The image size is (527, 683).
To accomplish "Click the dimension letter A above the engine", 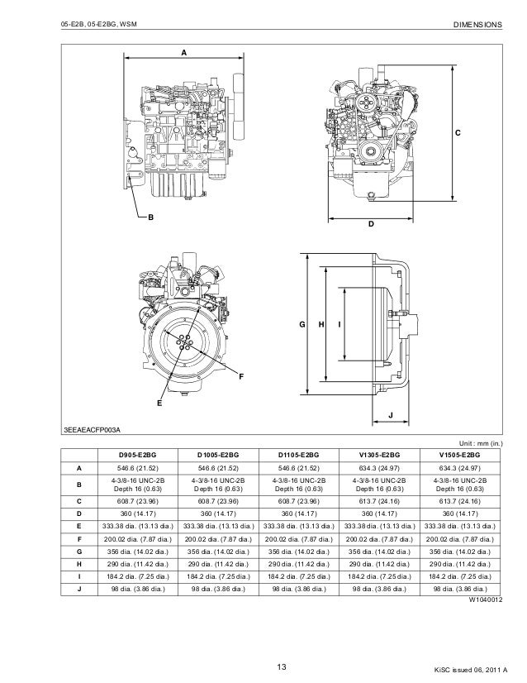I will [x=183, y=51].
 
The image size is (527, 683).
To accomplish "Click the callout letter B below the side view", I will [x=150, y=218].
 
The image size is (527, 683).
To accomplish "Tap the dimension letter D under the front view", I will [x=371, y=224].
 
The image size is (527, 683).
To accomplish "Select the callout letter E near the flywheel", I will [x=159, y=404].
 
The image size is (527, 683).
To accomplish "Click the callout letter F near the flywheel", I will [x=241, y=377].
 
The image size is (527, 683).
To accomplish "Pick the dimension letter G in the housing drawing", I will [x=302, y=325].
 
